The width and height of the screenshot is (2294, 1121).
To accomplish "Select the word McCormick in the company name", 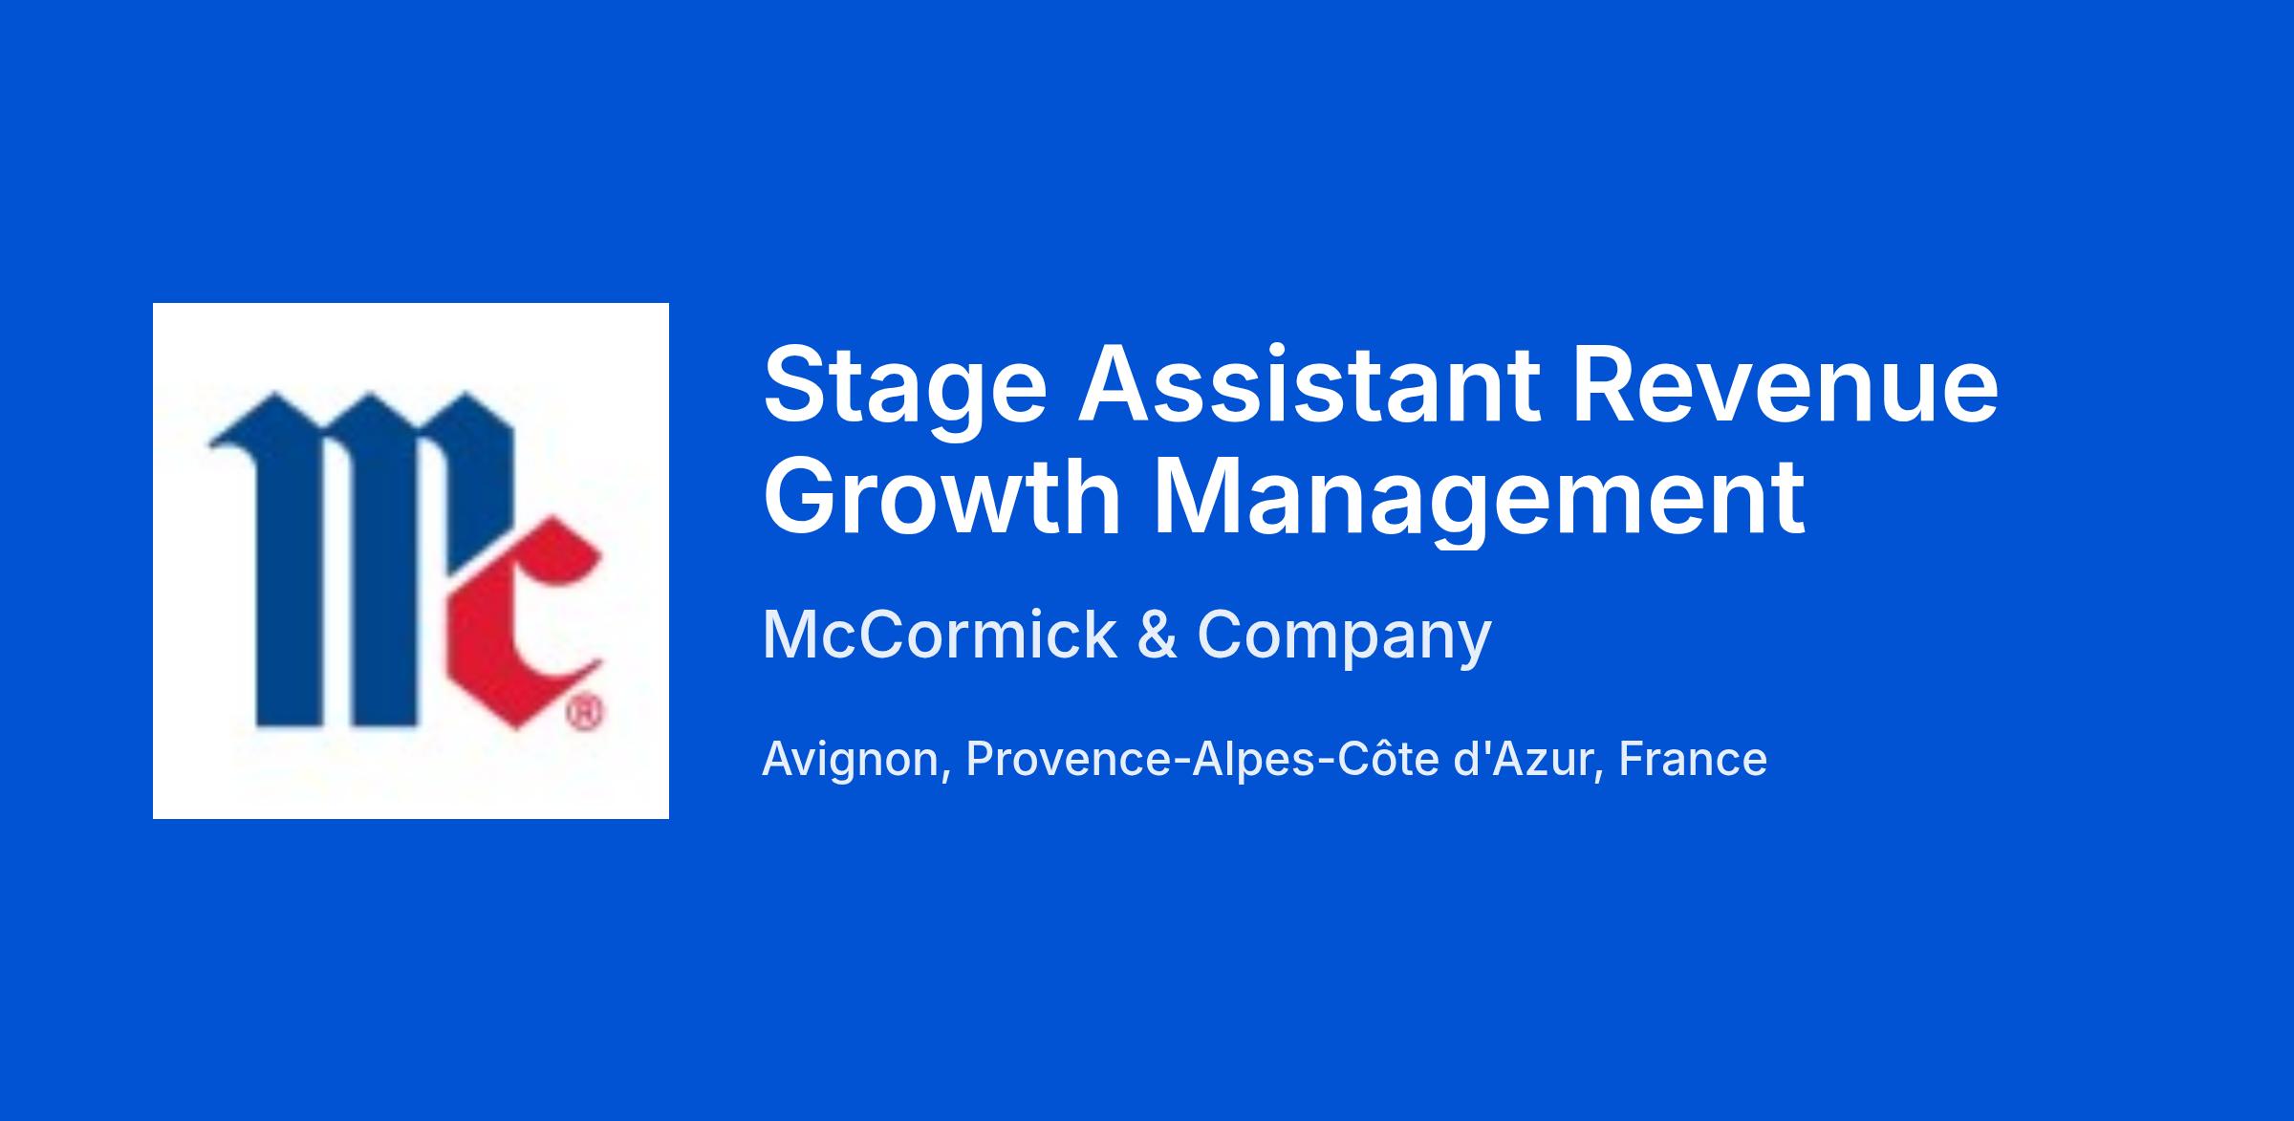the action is (x=939, y=635).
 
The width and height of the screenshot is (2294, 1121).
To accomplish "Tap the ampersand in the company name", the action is (x=1157, y=636).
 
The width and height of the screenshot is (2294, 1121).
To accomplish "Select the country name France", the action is (x=1693, y=760).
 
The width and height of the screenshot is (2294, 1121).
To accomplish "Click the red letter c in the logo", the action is (x=520, y=626).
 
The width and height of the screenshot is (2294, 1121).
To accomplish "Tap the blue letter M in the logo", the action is (x=358, y=558).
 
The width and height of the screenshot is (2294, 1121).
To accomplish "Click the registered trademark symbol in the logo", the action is (x=585, y=713).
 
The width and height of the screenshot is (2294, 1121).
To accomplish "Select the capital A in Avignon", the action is (x=780, y=760).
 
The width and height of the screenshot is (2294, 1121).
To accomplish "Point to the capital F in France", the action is (x=1633, y=760).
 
